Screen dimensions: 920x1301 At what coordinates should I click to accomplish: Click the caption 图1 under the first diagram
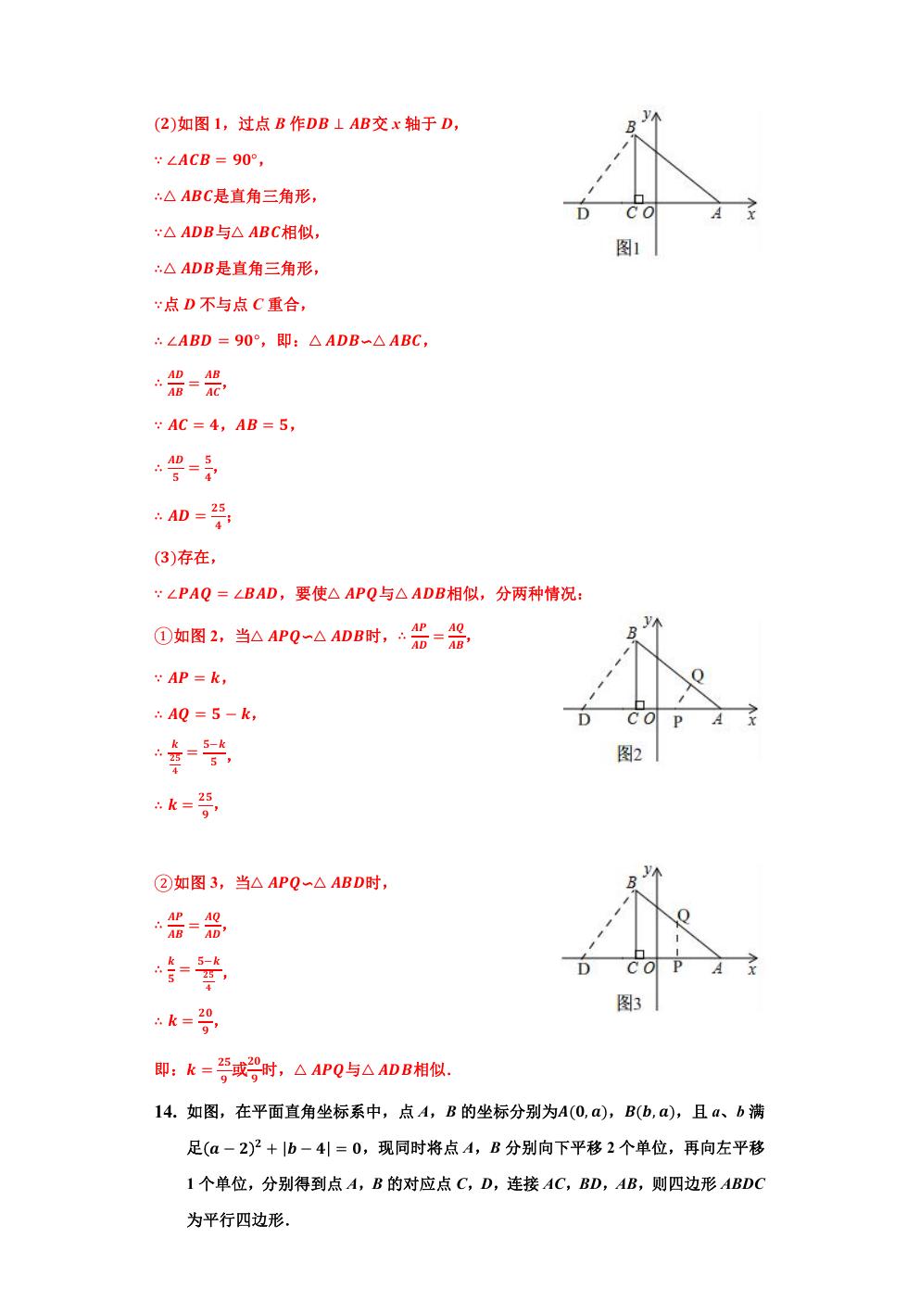(x=628, y=248)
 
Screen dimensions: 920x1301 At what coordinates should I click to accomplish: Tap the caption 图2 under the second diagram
(x=629, y=754)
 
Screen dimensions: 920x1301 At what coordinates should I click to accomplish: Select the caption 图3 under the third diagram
(x=629, y=1003)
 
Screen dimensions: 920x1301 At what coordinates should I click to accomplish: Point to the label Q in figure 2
(x=697, y=675)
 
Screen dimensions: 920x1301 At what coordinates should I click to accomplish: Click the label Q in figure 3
(x=683, y=916)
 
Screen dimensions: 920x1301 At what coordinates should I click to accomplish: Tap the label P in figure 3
(x=677, y=969)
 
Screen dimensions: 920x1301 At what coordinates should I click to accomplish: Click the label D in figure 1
(x=583, y=214)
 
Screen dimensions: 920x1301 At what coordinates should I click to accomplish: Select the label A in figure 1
(x=716, y=214)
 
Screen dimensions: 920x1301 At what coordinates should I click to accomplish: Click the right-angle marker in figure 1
(x=639, y=198)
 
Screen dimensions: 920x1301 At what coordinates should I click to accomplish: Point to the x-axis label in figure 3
(x=750, y=969)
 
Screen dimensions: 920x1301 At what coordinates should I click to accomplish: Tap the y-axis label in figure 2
(x=648, y=620)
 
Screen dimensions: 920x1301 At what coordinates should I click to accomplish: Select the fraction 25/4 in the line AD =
(x=218, y=516)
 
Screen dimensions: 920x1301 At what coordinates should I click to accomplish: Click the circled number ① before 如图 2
(x=162, y=636)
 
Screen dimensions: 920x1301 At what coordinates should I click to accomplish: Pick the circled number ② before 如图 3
(x=162, y=883)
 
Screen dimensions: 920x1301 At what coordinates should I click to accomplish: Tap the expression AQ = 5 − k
(x=211, y=714)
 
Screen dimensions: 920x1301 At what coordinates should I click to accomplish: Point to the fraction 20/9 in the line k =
(x=206, y=1020)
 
